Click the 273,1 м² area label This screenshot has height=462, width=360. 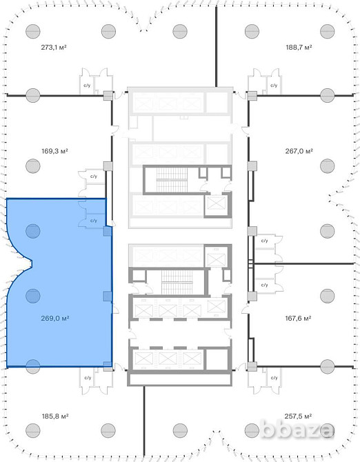point(54,47)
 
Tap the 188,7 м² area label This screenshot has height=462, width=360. point(299,47)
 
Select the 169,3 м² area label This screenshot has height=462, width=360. point(54,151)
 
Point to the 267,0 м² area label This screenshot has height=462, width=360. point(299,151)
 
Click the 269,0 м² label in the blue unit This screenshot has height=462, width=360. point(55,318)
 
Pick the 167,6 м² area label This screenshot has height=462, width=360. point(298,318)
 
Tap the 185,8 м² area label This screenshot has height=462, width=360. point(55,416)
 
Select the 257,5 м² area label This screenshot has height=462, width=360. point(298,416)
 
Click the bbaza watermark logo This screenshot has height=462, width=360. point(297,430)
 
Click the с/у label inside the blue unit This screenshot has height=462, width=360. point(94,221)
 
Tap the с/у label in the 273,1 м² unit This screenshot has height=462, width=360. point(87,86)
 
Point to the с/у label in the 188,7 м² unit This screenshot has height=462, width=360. point(274,86)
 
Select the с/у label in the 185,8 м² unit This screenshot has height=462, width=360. point(88,378)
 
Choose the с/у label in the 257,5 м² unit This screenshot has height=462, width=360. point(274,378)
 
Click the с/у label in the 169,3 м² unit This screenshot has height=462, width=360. point(94,177)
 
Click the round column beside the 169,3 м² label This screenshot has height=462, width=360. point(32,166)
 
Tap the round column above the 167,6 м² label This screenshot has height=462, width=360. point(328,296)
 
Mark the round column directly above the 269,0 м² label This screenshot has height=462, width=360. point(32,296)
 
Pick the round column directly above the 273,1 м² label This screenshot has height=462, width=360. point(32,31)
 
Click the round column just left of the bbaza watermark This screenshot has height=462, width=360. point(252,430)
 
